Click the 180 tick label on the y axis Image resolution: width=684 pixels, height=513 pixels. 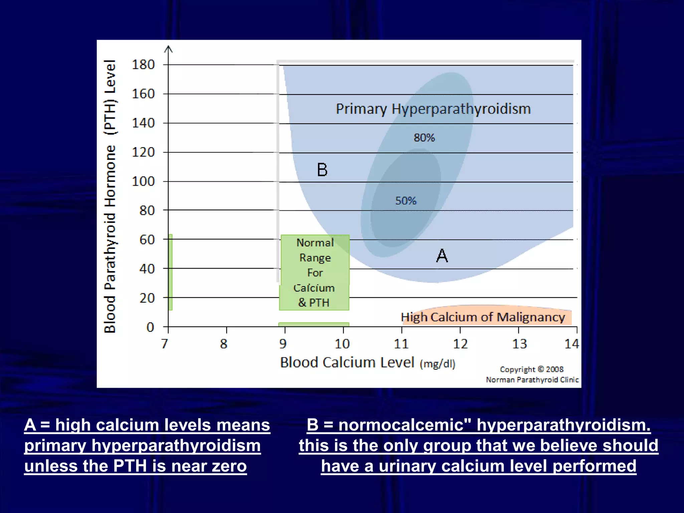click(x=143, y=64)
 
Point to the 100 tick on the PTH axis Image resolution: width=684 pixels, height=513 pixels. click(x=143, y=181)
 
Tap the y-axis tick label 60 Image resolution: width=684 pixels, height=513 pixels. click(x=147, y=239)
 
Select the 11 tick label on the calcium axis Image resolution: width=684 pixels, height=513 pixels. click(x=401, y=344)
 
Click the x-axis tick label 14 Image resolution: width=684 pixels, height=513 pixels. click(x=572, y=344)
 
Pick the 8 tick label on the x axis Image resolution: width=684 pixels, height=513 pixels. click(x=224, y=344)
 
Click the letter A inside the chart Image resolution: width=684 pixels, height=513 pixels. click(x=442, y=256)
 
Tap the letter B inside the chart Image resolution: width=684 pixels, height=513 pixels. click(x=322, y=170)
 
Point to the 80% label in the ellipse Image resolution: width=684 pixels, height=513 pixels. click(x=424, y=138)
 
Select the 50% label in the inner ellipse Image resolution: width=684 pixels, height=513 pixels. click(x=406, y=201)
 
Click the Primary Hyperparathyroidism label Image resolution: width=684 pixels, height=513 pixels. click(x=433, y=109)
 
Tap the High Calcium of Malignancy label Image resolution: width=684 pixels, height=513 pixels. click(x=483, y=317)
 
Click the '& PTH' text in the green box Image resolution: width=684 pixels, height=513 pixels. click(x=314, y=303)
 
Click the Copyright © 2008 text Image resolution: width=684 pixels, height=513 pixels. click(x=531, y=369)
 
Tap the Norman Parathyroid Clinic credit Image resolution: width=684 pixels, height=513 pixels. click(x=532, y=380)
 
